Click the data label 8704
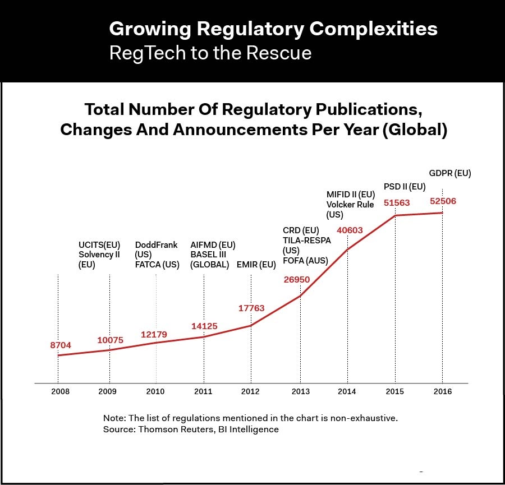[x=61, y=345]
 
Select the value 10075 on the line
[x=111, y=340]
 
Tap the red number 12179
[x=154, y=335]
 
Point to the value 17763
[x=251, y=308]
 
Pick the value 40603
[x=350, y=230]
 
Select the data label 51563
[x=397, y=203]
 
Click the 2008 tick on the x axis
[x=60, y=391]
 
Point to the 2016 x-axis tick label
[x=442, y=391]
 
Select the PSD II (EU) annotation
[x=405, y=186]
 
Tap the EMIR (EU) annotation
[x=256, y=265]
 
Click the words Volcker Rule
[x=350, y=205]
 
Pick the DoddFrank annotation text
[x=156, y=245]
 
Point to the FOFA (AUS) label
[x=305, y=260]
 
